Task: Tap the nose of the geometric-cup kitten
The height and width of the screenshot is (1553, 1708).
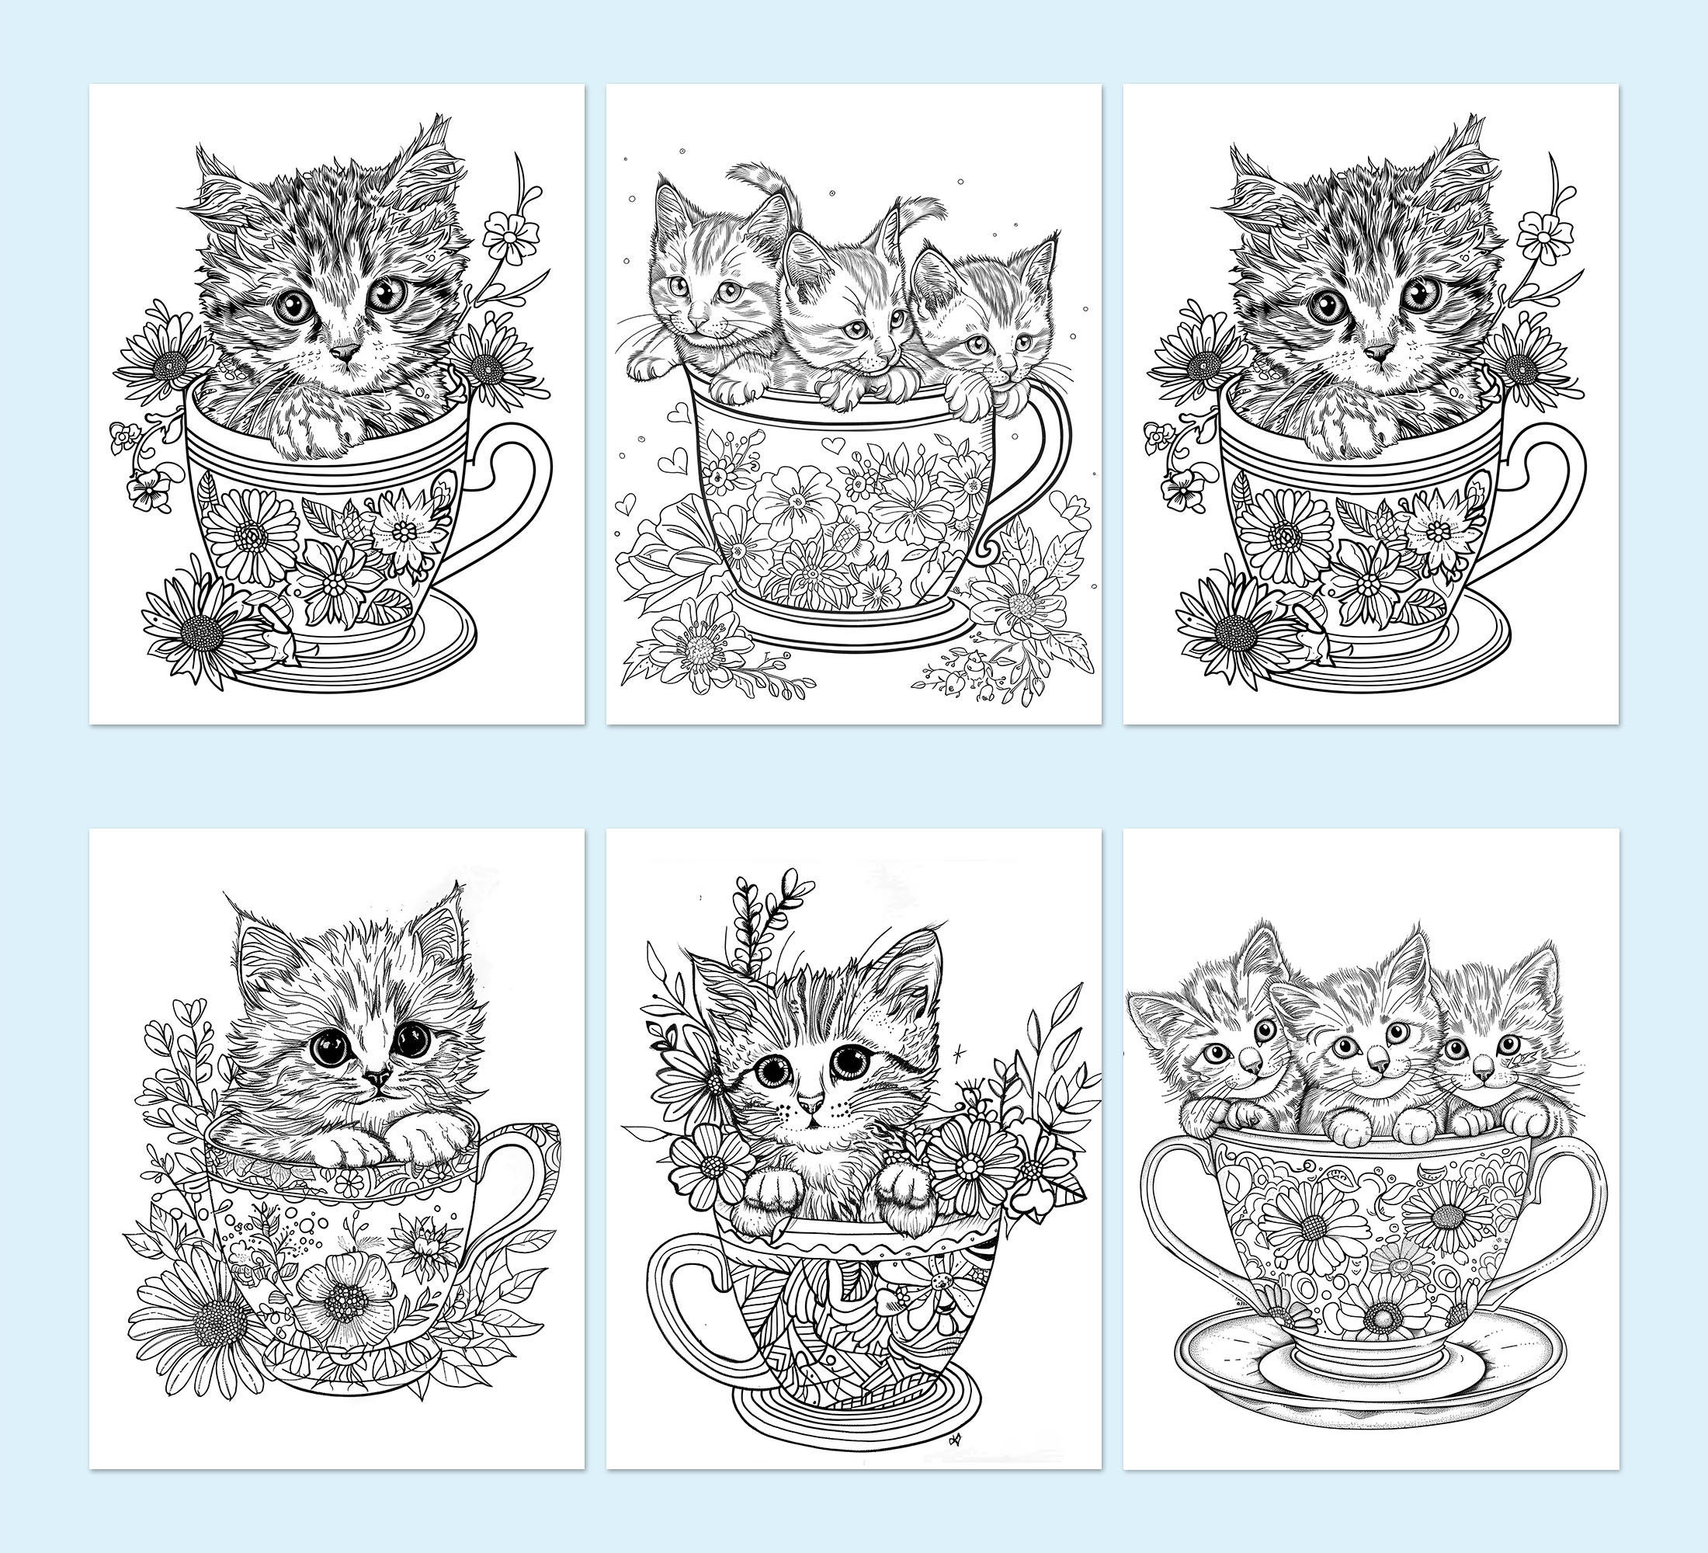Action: click(810, 1103)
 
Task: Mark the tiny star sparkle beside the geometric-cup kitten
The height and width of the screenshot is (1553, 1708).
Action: click(958, 1053)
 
